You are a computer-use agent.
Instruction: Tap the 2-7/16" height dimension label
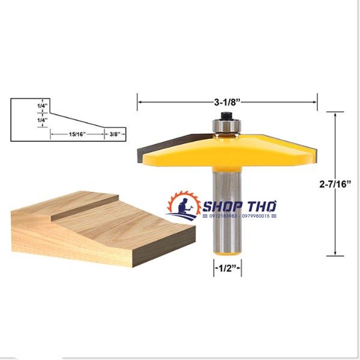335,184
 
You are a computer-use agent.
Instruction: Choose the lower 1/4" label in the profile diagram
41,121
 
